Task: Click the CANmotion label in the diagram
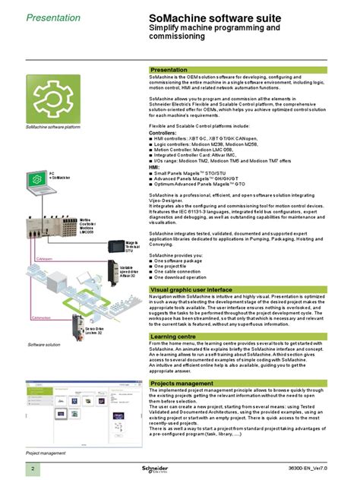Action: [x=41, y=317]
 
